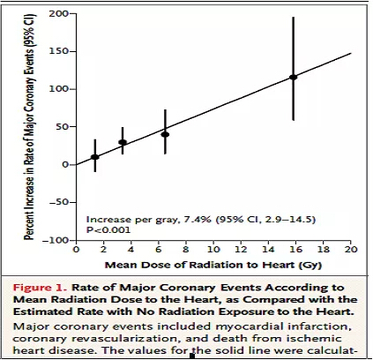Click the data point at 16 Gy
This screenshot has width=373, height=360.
click(x=293, y=77)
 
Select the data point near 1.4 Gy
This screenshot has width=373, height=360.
click(x=95, y=157)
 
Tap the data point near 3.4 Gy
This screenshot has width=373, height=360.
click(x=123, y=142)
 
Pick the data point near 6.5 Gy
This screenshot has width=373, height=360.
click(x=165, y=134)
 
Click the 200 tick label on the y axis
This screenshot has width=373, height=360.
click(x=58, y=13)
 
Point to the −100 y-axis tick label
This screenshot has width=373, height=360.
click(x=56, y=240)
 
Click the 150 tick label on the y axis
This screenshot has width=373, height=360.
click(x=58, y=51)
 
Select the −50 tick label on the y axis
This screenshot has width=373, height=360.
click(x=58, y=202)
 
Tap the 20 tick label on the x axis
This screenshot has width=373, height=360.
click(x=351, y=250)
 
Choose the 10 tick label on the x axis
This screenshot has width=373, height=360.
click(x=213, y=250)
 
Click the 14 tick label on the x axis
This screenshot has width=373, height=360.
click(x=268, y=250)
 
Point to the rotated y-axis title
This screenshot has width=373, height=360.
click(x=29, y=126)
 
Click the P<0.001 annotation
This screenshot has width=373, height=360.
click(x=108, y=229)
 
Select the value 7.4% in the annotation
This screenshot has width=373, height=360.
click(x=198, y=220)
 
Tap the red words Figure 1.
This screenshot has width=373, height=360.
click(x=41, y=288)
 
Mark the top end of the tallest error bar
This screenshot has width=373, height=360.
click(x=293, y=18)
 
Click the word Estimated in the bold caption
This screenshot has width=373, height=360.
click(x=43, y=311)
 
